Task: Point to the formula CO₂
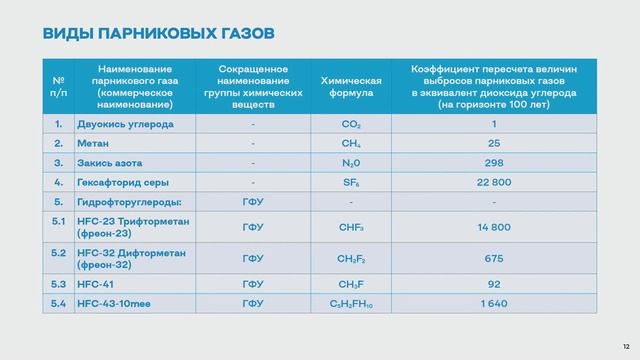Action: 350,124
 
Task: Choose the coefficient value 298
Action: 493,163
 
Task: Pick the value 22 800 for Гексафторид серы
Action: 493,182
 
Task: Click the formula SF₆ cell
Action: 350,182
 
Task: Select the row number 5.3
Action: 58,283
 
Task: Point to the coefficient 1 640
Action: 493,302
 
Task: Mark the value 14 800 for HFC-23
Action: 493,227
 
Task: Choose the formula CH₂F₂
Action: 350,258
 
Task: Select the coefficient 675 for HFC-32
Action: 493,258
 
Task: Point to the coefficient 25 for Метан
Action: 493,143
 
